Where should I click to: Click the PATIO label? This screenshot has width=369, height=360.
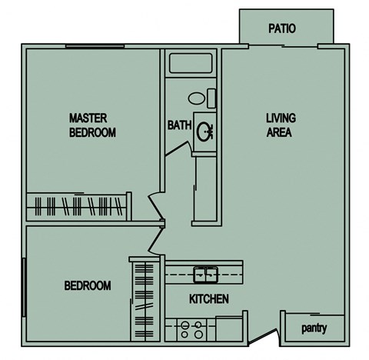[281, 29]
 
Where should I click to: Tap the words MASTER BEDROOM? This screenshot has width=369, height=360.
[92, 125]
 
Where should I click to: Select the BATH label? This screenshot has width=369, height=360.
[179, 125]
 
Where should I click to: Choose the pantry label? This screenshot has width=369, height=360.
[314, 328]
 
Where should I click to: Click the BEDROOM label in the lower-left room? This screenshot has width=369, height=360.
[87, 285]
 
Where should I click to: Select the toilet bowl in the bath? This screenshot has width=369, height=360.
[197, 98]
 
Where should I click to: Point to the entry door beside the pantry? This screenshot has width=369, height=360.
[266, 336]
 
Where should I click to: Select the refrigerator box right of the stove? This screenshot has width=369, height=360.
[229, 328]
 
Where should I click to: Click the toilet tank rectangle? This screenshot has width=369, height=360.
[212, 98]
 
